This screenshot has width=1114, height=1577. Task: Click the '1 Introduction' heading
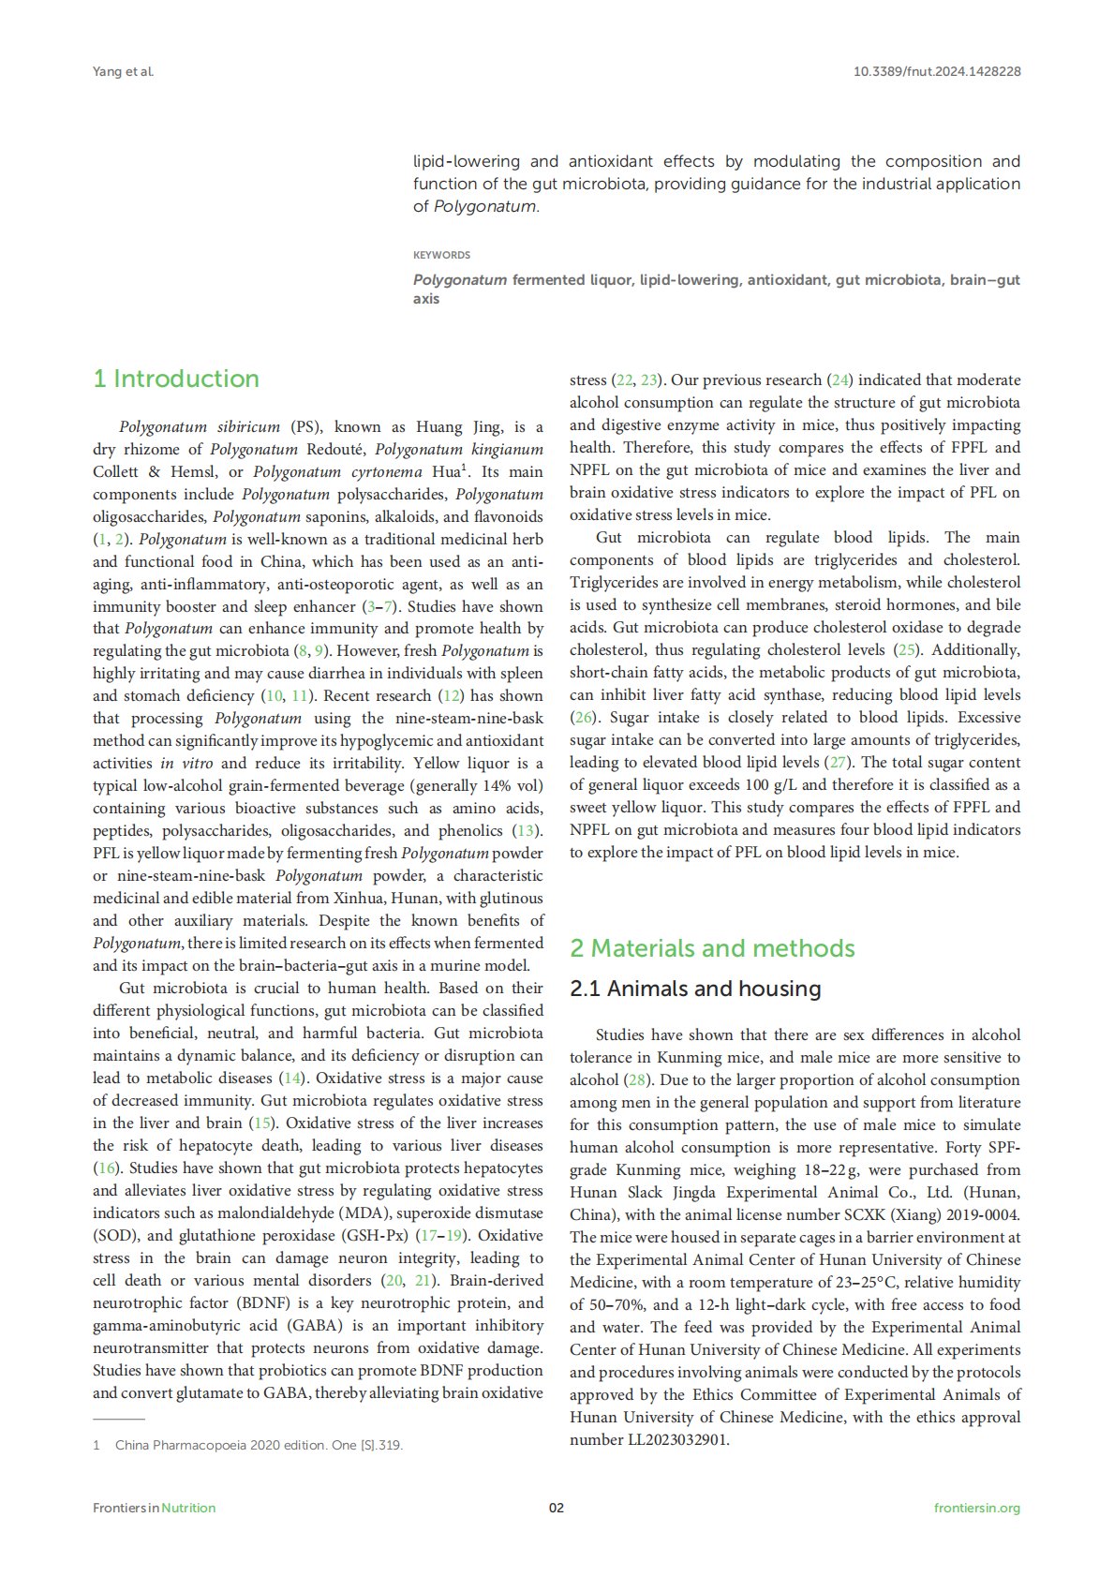pos(176,379)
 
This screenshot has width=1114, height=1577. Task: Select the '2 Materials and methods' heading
pos(712,948)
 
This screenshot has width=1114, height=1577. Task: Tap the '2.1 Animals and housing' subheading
pos(695,989)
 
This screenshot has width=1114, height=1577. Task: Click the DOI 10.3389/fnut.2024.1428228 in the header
pos(937,71)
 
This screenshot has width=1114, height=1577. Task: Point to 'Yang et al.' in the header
pos(123,71)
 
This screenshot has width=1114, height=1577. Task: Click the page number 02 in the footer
pos(557,1508)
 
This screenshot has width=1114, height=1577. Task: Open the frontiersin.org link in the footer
pos(977,1508)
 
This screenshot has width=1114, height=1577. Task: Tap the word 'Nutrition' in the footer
pos(188,1508)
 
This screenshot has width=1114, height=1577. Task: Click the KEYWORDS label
pos(441,255)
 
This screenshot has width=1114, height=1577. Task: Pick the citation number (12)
pos(452,695)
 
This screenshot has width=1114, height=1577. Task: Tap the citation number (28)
pos(636,1079)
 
